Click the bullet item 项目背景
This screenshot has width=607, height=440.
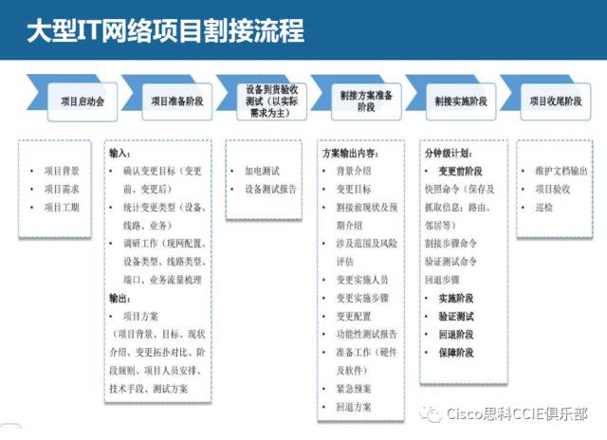[x=63, y=171]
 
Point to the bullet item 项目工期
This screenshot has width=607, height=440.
[x=63, y=206]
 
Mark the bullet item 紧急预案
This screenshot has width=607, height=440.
[x=352, y=387]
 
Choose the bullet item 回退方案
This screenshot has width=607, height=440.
[x=352, y=405]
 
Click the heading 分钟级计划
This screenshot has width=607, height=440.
[x=451, y=153]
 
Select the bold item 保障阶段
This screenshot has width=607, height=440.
[x=456, y=352]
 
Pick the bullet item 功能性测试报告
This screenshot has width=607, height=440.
[x=366, y=333]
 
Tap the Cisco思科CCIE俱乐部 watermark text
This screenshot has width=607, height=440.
[x=517, y=414]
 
